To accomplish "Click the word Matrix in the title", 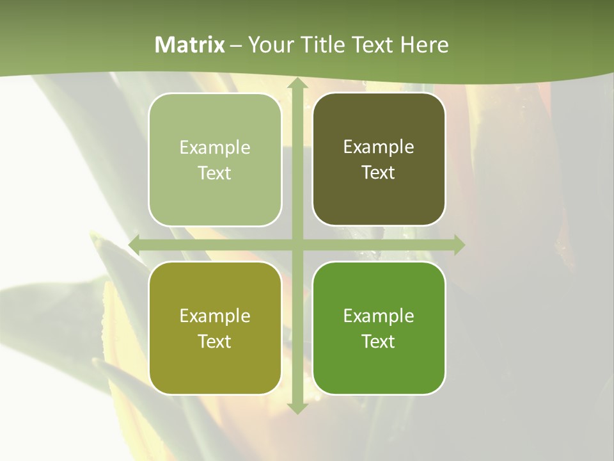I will (x=190, y=45).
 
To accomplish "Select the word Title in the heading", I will (x=319, y=45).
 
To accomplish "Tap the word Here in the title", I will (x=424, y=45).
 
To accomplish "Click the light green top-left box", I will (x=215, y=159).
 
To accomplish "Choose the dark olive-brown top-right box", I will (x=379, y=159).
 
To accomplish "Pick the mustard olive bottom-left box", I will (x=215, y=328).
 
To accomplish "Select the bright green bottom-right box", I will (x=379, y=328).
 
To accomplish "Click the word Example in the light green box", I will (x=215, y=148).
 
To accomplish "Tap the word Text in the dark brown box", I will (x=379, y=173).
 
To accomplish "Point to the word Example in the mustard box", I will (x=215, y=316).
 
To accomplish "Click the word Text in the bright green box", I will (x=379, y=341).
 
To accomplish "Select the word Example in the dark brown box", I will (x=379, y=147).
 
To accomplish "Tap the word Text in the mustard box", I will (x=215, y=341).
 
